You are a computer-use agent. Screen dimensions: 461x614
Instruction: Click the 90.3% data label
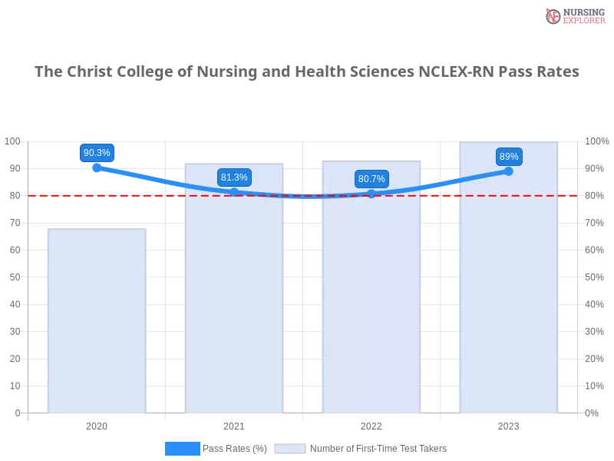click(97, 153)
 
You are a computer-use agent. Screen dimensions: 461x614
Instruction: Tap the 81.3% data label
click(234, 177)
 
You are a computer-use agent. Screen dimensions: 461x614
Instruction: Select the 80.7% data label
click(371, 179)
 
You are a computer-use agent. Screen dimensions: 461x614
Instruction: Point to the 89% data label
click(509, 157)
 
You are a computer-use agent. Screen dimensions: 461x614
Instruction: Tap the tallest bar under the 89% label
click(508, 284)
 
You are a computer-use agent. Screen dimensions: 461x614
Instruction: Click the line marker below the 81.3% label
click(234, 192)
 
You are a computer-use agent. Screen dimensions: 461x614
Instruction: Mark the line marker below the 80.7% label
click(371, 194)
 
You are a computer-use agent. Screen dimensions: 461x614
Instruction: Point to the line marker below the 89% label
click(509, 171)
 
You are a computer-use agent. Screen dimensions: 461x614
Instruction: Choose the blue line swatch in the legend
click(182, 449)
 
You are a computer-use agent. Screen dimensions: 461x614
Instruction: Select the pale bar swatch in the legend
click(290, 449)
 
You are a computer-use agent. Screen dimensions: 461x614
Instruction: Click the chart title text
click(307, 71)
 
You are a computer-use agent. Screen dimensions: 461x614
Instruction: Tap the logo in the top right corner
click(573, 16)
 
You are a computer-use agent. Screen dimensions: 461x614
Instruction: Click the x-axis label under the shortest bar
click(97, 425)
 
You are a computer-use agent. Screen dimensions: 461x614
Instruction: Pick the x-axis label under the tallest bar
click(508, 425)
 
